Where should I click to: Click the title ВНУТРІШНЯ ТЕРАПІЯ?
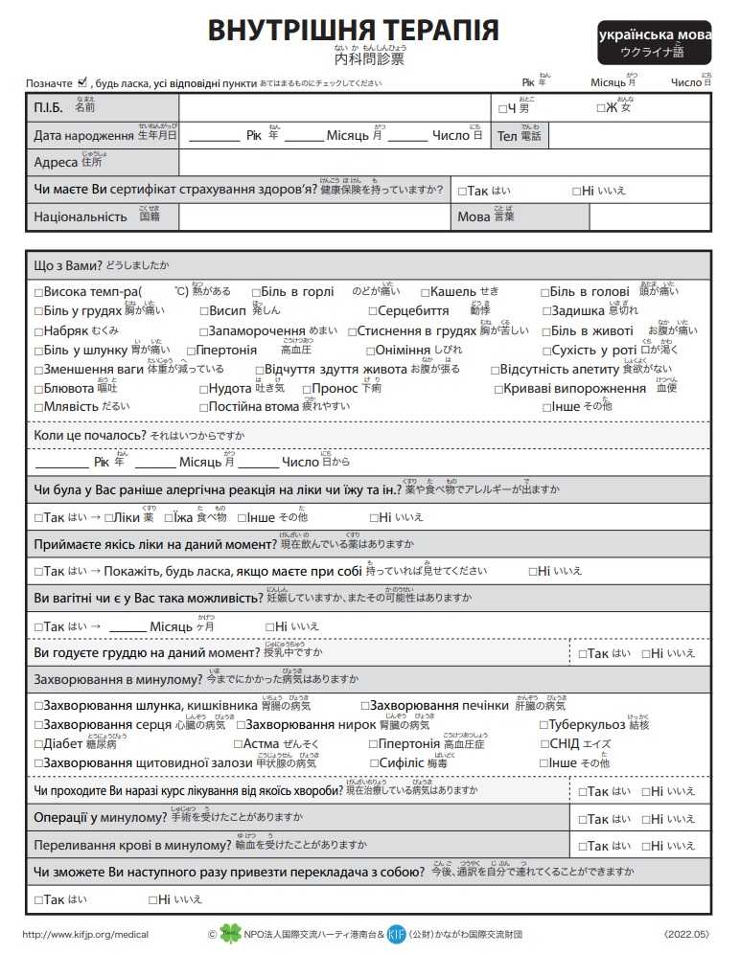tap(353, 31)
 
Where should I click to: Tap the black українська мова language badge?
tap(655, 41)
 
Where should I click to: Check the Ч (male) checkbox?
tap(502, 108)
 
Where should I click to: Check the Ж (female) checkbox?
tap(600, 108)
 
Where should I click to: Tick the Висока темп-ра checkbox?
tap(39, 291)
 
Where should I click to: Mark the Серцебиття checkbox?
tap(372, 310)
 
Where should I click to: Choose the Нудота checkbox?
tap(204, 389)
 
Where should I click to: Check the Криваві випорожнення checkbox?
tap(498, 389)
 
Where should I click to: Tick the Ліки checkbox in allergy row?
tap(107, 517)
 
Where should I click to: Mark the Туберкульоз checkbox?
tap(543, 725)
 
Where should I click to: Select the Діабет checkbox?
tap(39, 744)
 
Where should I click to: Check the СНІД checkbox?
tap(544, 744)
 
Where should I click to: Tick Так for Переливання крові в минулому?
tap(584, 846)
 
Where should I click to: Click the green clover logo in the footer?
tap(231, 933)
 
